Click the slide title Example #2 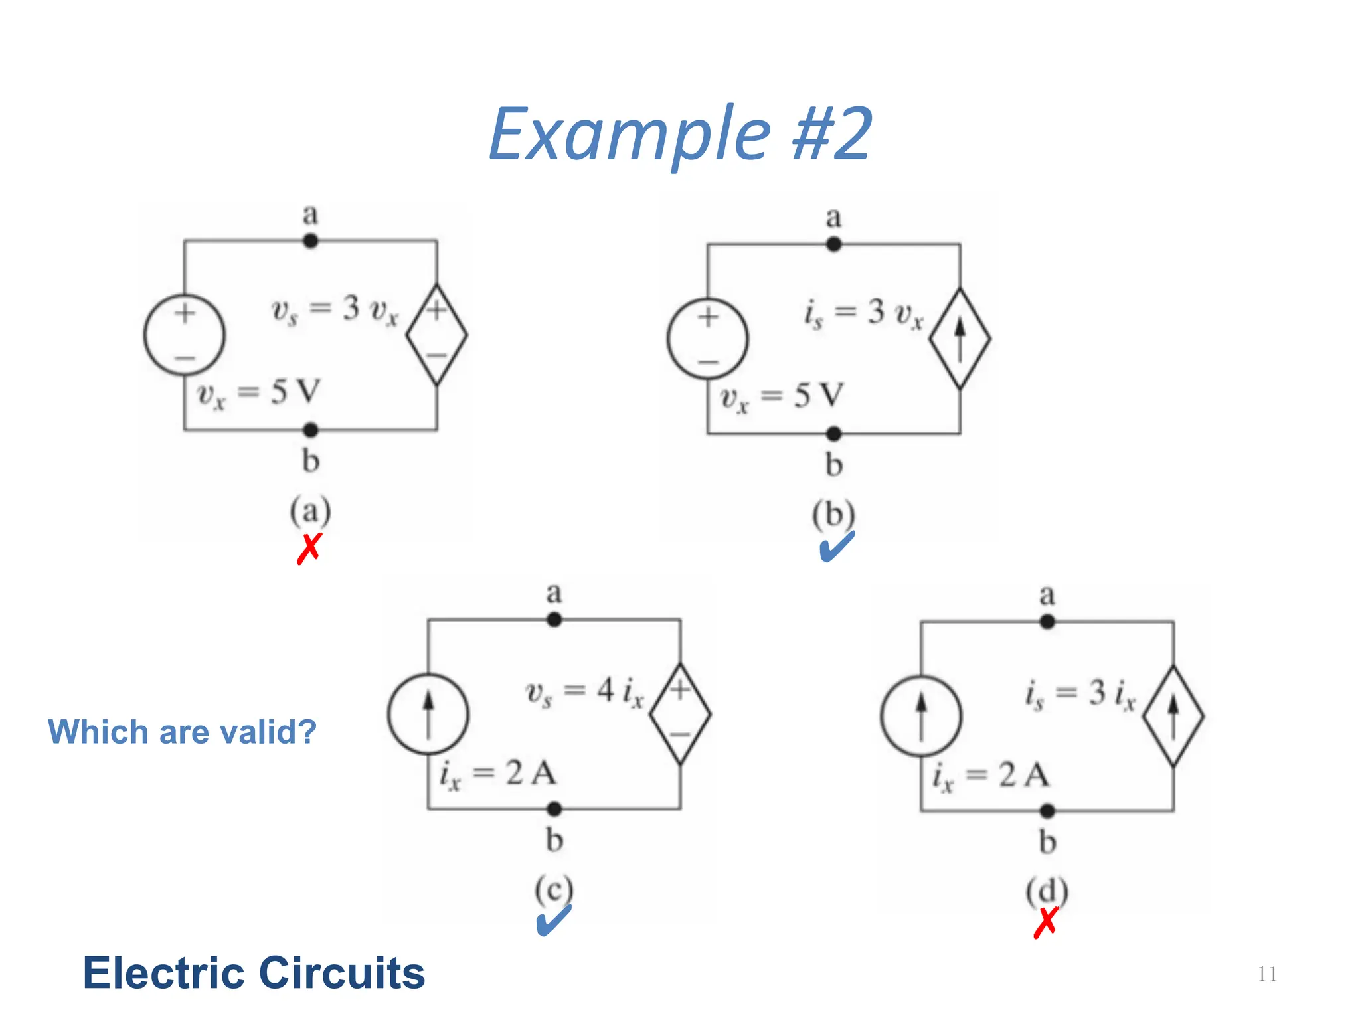680,135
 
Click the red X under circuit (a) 309,549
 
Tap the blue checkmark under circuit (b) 836,547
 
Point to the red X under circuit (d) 1046,922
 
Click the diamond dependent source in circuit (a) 436,335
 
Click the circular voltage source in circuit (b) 708,339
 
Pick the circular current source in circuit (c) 428,714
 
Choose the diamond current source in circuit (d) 1173,716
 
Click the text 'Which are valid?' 182,732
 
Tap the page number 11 1267,974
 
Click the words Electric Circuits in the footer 254,973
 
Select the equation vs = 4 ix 584,693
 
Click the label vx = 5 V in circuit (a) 259,393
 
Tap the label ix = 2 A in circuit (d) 991,776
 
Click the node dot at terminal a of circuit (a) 310,241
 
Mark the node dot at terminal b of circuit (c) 554,809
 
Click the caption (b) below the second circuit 834,515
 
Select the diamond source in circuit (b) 960,339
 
